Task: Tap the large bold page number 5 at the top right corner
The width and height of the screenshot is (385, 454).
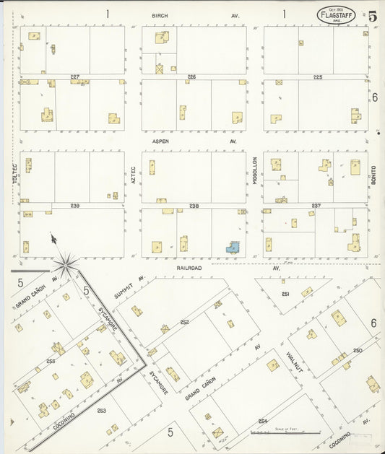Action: [372, 16]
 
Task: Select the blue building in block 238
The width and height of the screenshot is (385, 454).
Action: [233, 248]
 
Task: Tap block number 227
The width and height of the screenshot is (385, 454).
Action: [74, 77]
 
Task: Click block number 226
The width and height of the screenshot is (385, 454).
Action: [191, 77]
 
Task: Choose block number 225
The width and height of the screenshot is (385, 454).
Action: [317, 77]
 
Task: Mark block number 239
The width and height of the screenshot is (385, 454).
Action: [74, 206]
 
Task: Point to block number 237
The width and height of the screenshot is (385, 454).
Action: [316, 206]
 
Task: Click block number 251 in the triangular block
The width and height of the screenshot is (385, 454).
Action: [285, 294]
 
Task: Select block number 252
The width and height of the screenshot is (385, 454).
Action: [185, 322]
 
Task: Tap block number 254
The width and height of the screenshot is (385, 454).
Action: [263, 421]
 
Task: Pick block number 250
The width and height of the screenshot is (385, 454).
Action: [358, 350]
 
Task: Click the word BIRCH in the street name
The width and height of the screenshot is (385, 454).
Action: [160, 15]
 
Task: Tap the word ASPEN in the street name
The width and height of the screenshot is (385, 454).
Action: [160, 141]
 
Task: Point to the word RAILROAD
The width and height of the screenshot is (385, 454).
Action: [189, 267]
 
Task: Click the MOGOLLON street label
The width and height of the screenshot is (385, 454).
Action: [255, 170]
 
